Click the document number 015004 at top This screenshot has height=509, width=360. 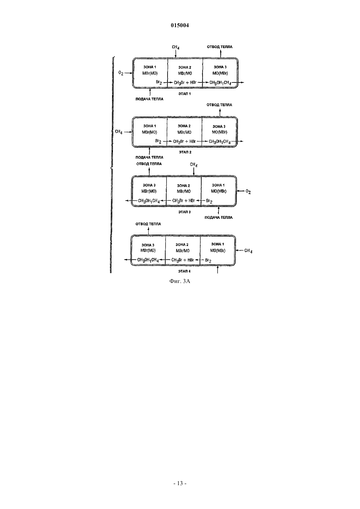tap(180, 26)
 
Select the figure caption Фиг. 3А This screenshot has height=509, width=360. tap(180, 281)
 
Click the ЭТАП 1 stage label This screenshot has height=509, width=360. tap(185, 94)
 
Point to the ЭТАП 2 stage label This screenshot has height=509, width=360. tap(185, 152)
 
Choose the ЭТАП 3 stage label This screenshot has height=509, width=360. tap(184, 212)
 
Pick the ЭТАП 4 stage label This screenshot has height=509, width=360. tap(184, 271)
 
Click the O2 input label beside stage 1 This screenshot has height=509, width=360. tap(121, 73)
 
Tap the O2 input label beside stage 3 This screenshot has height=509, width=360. tap(248, 192)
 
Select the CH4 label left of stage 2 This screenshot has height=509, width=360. tap(118, 132)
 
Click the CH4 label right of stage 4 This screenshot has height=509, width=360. tap(248, 251)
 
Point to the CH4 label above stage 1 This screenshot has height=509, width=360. tap(175, 47)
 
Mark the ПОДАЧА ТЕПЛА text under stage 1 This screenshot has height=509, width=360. tap(149, 99)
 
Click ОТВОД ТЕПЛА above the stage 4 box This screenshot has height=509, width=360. tap(148, 224)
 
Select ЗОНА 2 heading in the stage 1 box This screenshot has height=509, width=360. tap(185, 67)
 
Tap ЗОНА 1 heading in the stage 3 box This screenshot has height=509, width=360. tap(218, 185)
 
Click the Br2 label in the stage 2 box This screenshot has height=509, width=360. tap(158, 141)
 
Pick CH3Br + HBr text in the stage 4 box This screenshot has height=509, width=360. tap(183, 260)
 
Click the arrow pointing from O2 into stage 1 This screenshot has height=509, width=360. tap(128, 73)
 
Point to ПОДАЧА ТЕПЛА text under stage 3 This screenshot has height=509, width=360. tap(219, 218)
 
